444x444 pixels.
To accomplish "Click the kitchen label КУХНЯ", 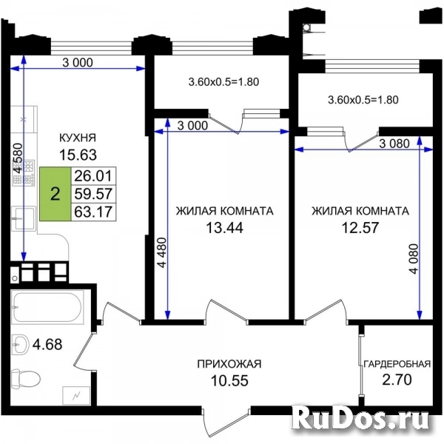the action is pos(78,138).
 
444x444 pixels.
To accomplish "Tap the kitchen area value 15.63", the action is pos(78,155).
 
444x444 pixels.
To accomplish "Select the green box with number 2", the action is pos(55,194).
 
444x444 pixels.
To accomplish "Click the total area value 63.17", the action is pos(93,212).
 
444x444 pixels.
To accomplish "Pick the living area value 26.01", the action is pos(93,176).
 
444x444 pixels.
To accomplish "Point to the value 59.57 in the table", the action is pos(93,194).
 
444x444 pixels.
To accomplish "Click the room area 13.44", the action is pos(224,227).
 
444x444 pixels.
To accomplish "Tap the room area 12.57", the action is pos(360,227).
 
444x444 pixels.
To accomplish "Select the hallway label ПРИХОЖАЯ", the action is pos(229,364).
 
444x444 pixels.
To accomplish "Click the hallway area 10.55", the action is pos(229,380).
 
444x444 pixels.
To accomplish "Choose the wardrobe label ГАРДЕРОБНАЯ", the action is pos(397,364).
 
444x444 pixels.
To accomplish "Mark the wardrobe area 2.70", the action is pos(397,380).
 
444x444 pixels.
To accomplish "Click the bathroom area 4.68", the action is pos(47,345).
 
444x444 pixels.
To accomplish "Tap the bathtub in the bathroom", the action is pos(47,308).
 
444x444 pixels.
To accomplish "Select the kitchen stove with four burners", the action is pos(25,172).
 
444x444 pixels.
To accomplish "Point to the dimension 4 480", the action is pos(162,252).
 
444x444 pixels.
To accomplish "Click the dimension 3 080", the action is pos(394,144).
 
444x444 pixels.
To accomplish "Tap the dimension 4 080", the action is pos(414,258).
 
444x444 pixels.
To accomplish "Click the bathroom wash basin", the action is pos(21,344).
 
